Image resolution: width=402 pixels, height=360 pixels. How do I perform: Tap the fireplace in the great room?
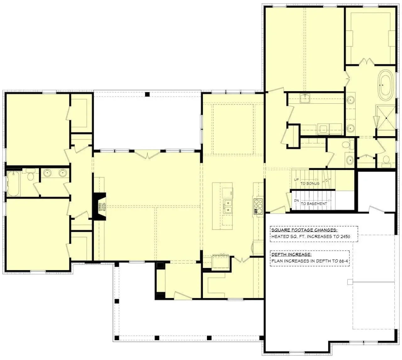[x=100, y=207]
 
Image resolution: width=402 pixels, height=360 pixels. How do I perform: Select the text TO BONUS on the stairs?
[x=310, y=184]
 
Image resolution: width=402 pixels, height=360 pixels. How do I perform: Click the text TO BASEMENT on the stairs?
[x=314, y=204]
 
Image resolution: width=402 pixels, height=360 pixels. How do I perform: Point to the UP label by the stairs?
[x=296, y=180]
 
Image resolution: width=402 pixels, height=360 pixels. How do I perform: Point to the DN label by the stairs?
[x=296, y=201]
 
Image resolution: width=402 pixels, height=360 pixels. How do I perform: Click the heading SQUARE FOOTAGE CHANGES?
[x=304, y=230]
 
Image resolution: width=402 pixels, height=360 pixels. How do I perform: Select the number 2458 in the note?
[x=345, y=237]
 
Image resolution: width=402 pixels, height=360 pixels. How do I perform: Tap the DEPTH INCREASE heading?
[x=291, y=255]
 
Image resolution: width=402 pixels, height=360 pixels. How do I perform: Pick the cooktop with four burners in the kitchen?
[x=258, y=207]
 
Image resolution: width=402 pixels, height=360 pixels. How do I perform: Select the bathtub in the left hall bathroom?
[x=14, y=184]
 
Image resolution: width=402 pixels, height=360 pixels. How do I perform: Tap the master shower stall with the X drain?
[x=386, y=118]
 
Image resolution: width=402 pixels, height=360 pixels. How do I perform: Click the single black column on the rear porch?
[x=147, y=94]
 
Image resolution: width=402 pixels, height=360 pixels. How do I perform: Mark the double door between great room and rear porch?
[x=147, y=155]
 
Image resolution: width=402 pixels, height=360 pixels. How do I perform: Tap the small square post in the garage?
[x=350, y=282]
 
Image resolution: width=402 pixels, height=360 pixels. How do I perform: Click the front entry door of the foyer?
[x=183, y=296]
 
